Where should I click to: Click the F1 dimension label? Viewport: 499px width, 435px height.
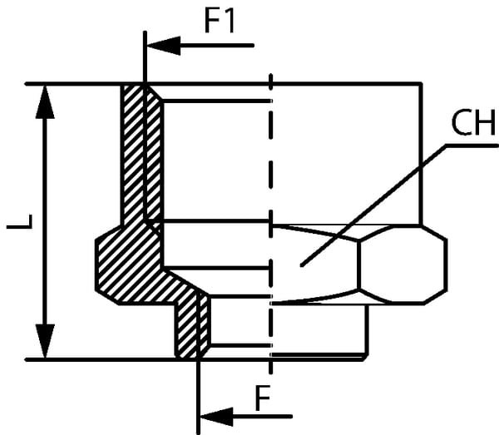point(220,20)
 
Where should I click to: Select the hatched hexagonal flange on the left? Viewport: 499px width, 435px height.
point(125,262)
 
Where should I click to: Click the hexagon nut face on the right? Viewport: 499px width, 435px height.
point(403,263)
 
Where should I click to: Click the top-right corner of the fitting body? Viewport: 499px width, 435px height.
point(421,84)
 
